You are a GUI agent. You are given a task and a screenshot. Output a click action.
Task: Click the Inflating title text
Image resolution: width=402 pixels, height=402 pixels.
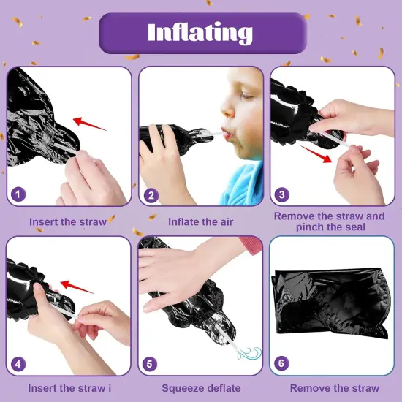click(x=200, y=33)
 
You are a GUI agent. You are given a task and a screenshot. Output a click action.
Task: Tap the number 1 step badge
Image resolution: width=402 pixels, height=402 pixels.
click(x=18, y=194)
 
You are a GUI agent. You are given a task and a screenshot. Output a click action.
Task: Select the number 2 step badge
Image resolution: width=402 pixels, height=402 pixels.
click(x=151, y=195)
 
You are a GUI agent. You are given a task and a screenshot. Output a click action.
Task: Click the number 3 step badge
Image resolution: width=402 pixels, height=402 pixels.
click(x=281, y=194)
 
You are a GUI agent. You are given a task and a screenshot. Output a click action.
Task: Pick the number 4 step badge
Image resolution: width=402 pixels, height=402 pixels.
click(x=18, y=364)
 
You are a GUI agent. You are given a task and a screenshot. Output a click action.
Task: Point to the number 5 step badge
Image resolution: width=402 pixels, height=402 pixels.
click(x=149, y=364)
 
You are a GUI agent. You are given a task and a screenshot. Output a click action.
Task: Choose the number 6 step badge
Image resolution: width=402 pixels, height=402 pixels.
click(x=281, y=363)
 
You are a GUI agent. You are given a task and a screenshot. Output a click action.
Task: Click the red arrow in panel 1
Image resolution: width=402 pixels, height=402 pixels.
click(x=90, y=124)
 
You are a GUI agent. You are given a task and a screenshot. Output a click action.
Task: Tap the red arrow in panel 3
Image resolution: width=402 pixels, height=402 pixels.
click(x=316, y=154)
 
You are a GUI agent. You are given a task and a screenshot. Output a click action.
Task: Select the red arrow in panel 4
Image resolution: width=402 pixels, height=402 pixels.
click(x=77, y=287)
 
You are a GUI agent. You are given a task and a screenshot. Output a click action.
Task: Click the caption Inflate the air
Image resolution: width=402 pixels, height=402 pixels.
click(x=200, y=222)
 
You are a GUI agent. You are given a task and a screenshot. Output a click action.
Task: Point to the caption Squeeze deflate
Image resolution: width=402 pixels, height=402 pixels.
click(x=201, y=388)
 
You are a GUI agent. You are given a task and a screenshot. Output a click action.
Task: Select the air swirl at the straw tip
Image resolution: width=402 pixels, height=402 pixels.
click(x=249, y=353)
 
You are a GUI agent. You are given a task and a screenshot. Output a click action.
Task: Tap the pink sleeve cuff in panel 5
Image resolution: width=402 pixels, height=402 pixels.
click(x=251, y=245)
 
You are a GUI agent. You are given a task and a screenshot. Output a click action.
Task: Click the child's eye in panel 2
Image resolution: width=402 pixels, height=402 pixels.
click(x=246, y=96)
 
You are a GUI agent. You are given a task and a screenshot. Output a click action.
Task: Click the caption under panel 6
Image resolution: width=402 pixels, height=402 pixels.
click(x=334, y=388)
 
